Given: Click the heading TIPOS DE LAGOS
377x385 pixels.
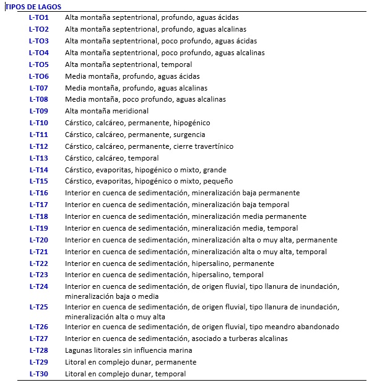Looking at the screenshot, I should [32, 6].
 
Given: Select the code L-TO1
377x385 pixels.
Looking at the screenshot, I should [38, 17].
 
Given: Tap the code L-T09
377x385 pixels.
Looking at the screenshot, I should [38, 111].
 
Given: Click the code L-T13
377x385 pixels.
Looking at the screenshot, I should [38, 158].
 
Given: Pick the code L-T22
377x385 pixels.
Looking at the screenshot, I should [38, 263].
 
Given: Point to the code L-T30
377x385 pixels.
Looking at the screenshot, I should [38, 374].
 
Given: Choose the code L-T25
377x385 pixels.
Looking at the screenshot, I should [38, 307].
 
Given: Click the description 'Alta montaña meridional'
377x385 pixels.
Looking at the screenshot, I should [106, 111].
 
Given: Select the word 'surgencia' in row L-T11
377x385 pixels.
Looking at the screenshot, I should [189, 135].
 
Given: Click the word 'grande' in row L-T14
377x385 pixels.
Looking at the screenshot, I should [214, 170].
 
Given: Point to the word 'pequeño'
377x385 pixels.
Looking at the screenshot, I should [217, 182].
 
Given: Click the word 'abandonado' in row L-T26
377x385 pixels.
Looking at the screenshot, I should [317, 327].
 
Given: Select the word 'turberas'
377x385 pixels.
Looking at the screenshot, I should [244, 339].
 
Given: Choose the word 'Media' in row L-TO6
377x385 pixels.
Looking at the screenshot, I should [75, 76].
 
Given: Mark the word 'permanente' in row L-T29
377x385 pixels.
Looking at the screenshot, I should [176, 362].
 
